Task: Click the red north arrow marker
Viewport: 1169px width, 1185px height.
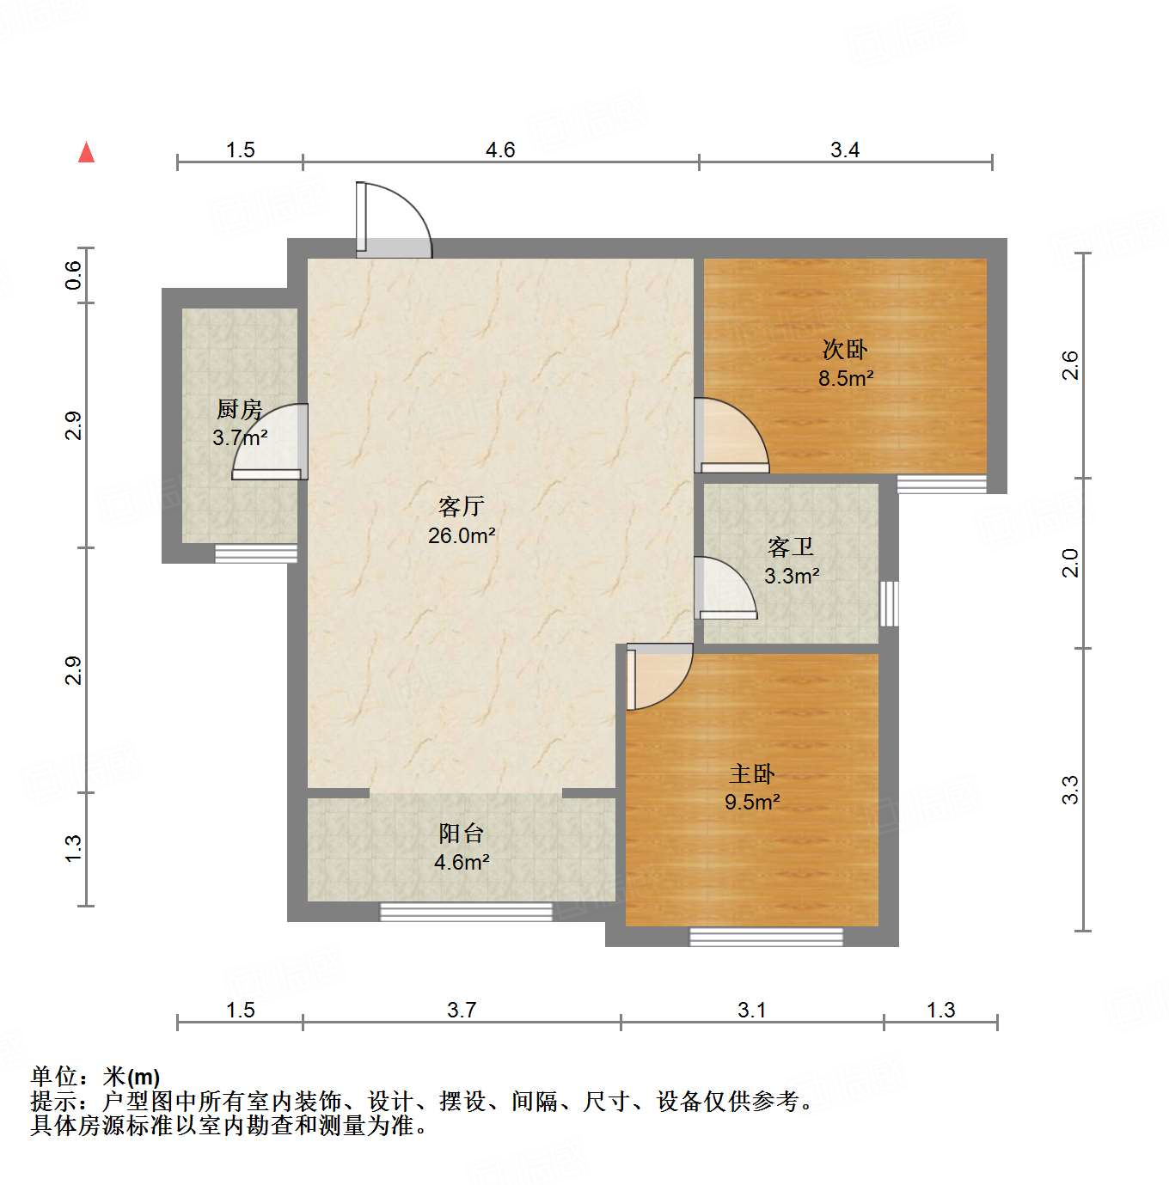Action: pyautogui.click(x=86, y=152)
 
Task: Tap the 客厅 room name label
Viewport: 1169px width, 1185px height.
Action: pyautogui.click(x=461, y=506)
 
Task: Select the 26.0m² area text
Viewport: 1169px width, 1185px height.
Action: pyautogui.click(x=462, y=535)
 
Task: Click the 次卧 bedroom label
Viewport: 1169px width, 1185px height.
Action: pyautogui.click(x=845, y=349)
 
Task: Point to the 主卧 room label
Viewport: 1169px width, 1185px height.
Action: pyautogui.click(x=752, y=773)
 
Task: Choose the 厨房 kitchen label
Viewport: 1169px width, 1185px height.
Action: pyautogui.click(x=239, y=409)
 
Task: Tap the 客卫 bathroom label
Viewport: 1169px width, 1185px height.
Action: pyautogui.click(x=791, y=547)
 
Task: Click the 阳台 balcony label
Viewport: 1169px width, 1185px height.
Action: pyautogui.click(x=462, y=833)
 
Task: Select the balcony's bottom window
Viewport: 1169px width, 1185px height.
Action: pyautogui.click(x=466, y=912)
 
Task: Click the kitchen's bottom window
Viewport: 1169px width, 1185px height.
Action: pyautogui.click(x=255, y=553)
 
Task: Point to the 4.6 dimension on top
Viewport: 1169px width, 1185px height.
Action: pyautogui.click(x=500, y=150)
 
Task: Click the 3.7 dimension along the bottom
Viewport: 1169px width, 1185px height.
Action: pyautogui.click(x=462, y=1010)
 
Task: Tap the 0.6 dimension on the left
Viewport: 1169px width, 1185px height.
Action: pyautogui.click(x=74, y=274)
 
